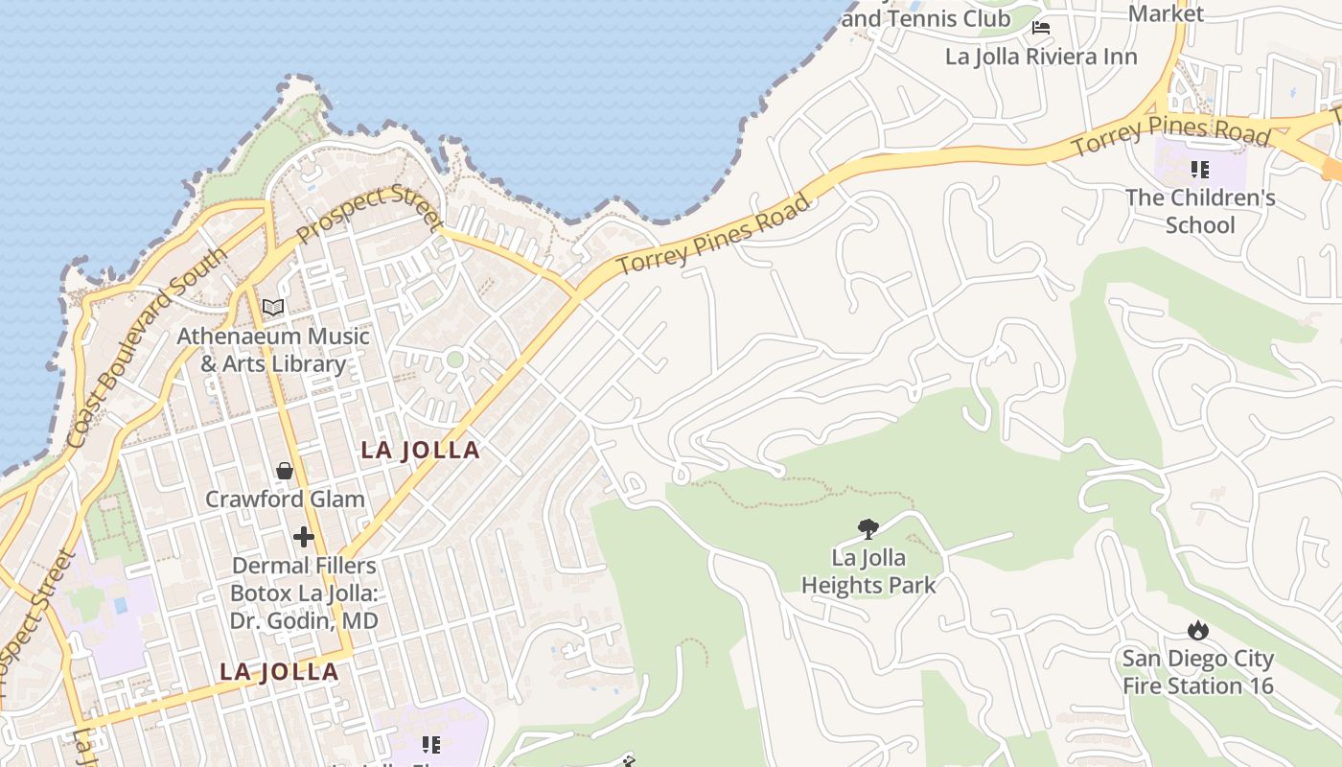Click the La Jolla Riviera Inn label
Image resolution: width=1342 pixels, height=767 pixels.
1041,57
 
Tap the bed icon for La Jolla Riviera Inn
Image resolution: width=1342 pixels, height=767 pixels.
1041,28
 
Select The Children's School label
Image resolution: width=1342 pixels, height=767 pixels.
1200,211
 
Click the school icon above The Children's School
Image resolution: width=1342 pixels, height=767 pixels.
1199,170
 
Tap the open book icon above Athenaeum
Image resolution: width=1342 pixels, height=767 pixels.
273,308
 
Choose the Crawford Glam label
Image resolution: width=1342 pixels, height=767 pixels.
285,500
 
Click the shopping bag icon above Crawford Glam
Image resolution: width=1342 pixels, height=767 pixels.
285,470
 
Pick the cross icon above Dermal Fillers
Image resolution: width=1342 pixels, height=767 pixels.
304,536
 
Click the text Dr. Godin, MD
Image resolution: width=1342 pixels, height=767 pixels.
304,620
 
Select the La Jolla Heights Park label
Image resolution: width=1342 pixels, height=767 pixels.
868,570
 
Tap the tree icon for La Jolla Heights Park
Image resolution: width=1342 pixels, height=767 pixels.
868,528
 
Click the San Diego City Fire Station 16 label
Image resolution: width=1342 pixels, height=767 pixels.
1198,672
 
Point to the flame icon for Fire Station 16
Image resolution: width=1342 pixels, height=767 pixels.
1197,630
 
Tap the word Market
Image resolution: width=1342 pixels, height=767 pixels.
1166,13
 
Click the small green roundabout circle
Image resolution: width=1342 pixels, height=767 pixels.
455,360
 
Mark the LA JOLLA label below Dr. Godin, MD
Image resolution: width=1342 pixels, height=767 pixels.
279,672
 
